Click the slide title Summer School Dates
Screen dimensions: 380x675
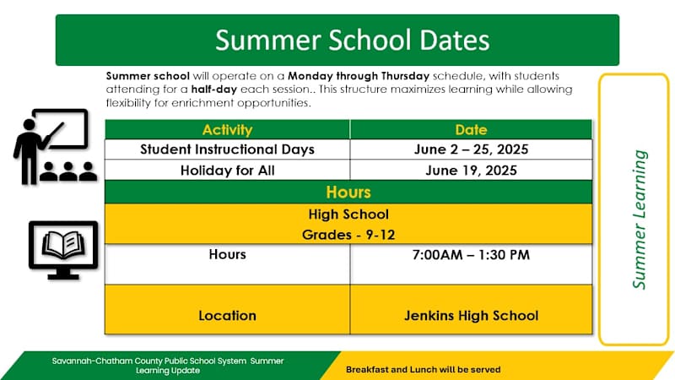[351, 40]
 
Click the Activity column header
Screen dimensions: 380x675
[227, 130]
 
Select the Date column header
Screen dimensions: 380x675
[471, 130]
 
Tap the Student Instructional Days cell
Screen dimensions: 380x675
[227, 149]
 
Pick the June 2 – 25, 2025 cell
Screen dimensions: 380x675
[471, 149]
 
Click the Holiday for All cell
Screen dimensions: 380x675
[227, 170]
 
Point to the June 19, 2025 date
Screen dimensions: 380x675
[471, 170]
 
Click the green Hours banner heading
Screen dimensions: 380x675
[348, 192]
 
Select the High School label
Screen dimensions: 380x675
[348, 214]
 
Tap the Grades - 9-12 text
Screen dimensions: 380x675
[348, 234]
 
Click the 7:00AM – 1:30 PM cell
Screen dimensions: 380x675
[471, 254]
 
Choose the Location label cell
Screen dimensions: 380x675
[227, 316]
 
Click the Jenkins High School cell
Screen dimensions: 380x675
[471, 316]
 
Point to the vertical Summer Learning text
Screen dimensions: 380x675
[640, 220]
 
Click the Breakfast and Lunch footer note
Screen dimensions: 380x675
[423, 370]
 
